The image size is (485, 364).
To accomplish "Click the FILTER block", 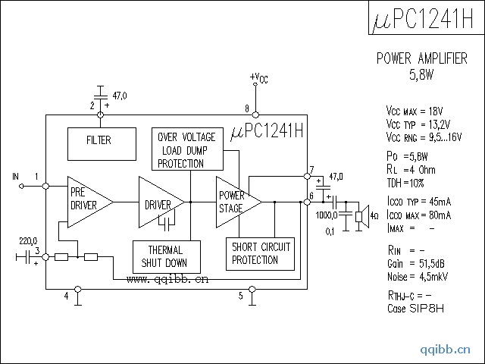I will click(x=99, y=140).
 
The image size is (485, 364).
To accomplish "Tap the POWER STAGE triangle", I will click(x=234, y=202).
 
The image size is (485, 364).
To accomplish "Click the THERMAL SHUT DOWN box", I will click(x=166, y=257).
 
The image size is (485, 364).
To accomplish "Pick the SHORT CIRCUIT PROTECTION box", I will click(x=261, y=254).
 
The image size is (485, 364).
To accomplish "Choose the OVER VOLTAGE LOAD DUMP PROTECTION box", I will click(x=187, y=149).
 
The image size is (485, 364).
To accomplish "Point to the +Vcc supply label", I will click(x=258, y=78).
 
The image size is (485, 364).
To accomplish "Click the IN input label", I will click(x=15, y=177).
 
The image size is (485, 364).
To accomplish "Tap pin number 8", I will click(x=247, y=108).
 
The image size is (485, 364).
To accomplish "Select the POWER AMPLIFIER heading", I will click(x=421, y=59).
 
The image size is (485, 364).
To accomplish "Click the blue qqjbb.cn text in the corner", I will click(x=446, y=350).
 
